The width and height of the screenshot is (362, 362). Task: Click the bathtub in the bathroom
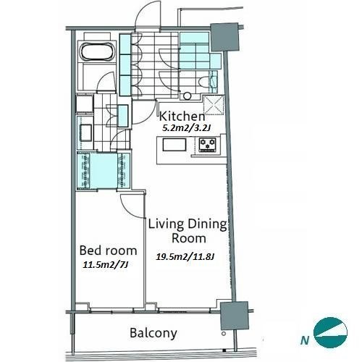97,51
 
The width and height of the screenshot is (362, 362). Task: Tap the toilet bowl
205,82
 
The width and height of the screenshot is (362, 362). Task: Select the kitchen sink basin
174,145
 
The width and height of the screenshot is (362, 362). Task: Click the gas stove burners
207,145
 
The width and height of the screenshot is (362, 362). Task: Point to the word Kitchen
182,117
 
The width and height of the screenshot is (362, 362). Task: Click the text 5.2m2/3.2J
187,127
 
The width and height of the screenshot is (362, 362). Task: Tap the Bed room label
108,251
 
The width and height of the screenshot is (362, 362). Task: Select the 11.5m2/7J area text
105,265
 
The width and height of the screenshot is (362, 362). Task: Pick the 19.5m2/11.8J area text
185,256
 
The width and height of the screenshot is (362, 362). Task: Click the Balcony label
153,333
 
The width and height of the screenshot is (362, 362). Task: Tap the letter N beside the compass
305,341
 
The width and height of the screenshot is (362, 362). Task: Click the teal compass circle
330,332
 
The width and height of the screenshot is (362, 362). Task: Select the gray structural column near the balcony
235,316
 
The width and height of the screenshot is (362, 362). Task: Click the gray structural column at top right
224,37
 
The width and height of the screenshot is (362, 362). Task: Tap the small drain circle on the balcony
224,334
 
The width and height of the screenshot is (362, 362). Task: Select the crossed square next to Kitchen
214,105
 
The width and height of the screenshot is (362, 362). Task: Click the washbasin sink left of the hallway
86,132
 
